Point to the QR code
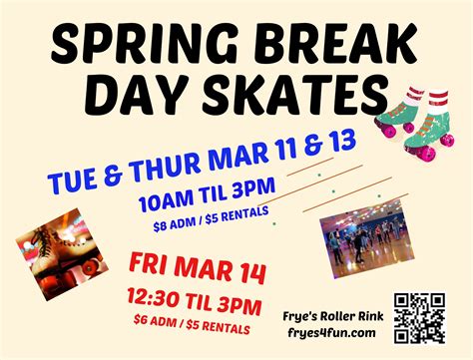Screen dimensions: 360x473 (419, 316)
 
